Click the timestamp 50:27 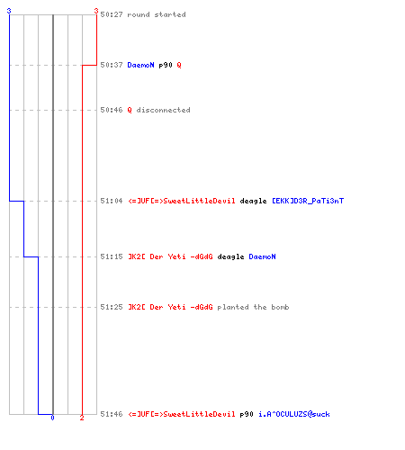click(112, 14)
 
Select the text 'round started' click(157, 14)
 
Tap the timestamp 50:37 click(112, 65)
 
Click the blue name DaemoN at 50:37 click(140, 65)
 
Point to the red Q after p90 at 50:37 click(179, 65)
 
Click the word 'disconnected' click(163, 110)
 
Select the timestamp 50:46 click(112, 110)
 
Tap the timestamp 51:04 click(112, 201)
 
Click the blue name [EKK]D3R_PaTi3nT click(308, 201)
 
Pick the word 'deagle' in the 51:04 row click(253, 201)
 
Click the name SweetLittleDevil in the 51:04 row click(199, 201)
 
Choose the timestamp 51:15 click(112, 256)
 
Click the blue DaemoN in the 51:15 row click(262, 256)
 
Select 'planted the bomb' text click(253, 307)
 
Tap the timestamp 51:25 click(112, 307)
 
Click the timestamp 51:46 click(112, 414)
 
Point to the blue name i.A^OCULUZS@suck click(294, 414)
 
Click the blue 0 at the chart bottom click(52, 418)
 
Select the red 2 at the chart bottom click(82, 418)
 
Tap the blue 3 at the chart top click(9, 11)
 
